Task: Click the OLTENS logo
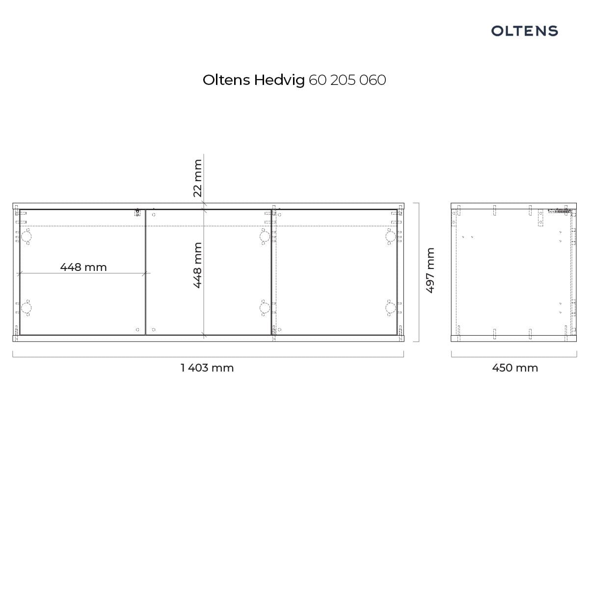[524, 31]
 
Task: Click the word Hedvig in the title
[279, 80]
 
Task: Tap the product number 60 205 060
[347, 80]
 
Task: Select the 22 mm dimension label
[197, 178]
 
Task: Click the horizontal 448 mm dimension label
[83, 267]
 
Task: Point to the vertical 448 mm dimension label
[197, 265]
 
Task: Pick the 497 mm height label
[430, 270]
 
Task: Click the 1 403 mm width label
[207, 368]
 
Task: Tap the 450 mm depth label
[515, 368]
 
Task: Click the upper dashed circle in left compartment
[27, 237]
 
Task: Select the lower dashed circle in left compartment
[27, 307]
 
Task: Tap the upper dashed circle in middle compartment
[265, 237]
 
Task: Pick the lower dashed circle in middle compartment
[265, 307]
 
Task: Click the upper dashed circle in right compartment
[390, 237]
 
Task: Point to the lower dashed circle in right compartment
[390, 307]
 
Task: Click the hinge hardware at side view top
[559, 211]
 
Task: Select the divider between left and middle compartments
[145, 272]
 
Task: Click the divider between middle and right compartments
[271, 272]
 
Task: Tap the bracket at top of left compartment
[137, 213]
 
